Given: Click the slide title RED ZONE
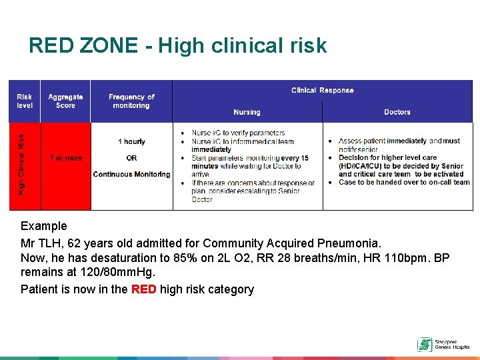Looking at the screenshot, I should click(x=177, y=45).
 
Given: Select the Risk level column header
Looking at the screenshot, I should click(x=24, y=101).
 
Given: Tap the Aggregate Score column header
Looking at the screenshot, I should click(x=65, y=101).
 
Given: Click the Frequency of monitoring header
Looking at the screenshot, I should click(x=131, y=101).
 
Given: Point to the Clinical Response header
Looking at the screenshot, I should click(x=322, y=90).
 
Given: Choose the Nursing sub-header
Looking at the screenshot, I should click(x=247, y=112).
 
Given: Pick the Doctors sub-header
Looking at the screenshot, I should click(x=397, y=112).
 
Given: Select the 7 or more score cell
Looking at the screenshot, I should click(x=65, y=158).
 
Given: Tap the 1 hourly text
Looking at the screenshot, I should click(x=131, y=141).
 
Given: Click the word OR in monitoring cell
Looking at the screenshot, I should click(x=131, y=158).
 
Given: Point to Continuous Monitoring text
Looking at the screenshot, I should click(x=131, y=175).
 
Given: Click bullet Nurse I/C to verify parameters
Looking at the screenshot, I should click(x=238, y=133).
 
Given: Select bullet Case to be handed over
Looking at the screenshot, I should click(x=404, y=182).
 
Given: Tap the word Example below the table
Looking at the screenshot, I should click(x=44, y=226).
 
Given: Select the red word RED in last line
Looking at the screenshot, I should click(x=143, y=289).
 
